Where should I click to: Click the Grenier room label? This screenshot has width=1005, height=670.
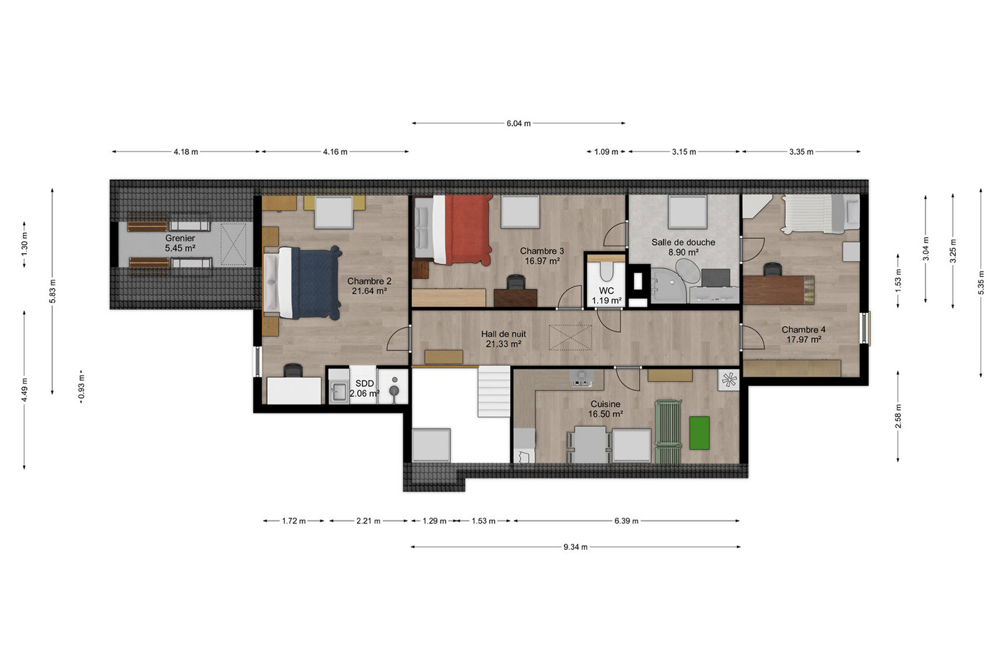tap(180, 238)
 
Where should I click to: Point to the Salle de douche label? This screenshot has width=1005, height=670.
tap(683, 242)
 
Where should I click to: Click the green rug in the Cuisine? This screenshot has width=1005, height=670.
tap(699, 433)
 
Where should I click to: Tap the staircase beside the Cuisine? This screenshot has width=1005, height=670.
tap(494, 391)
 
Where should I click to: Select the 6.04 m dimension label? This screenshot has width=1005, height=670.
tap(519, 123)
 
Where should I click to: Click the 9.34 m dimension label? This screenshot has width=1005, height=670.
tap(576, 547)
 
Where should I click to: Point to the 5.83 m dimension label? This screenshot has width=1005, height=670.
tap(52, 291)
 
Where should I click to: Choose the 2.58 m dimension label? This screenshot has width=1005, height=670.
tap(898, 417)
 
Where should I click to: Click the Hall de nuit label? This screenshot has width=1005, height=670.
tap(504, 334)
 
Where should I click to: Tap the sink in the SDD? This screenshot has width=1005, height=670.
tap(338, 391)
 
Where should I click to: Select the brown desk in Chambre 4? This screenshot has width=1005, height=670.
tap(778, 290)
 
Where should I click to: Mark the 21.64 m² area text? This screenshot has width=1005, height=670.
tap(369, 291)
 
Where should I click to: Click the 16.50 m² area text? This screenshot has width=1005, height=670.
tap(605, 414)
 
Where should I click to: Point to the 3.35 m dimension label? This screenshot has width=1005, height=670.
tap(801, 152)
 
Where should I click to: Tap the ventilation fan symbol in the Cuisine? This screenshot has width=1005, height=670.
tap(729, 380)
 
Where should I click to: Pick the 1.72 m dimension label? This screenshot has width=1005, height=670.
tap(294, 521)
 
